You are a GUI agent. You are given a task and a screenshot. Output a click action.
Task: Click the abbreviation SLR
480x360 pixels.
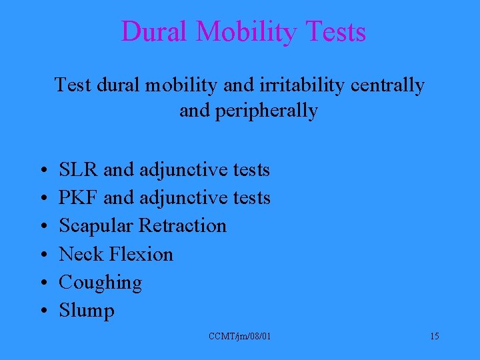pos(79,170)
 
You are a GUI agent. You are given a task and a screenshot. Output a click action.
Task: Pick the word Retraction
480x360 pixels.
pos(182,226)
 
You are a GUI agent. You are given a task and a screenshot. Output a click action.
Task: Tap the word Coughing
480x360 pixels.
pos(100,283)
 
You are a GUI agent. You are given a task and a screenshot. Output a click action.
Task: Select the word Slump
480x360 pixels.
pos(87,311)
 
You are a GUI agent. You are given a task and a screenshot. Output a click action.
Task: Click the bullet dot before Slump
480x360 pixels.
pos(42,311)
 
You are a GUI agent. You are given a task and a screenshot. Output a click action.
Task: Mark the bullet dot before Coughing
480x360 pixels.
pos(42,283)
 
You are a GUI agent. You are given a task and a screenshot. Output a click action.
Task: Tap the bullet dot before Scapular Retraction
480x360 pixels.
pos(42,227)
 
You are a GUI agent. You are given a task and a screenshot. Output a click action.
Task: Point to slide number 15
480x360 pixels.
pos(434,337)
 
